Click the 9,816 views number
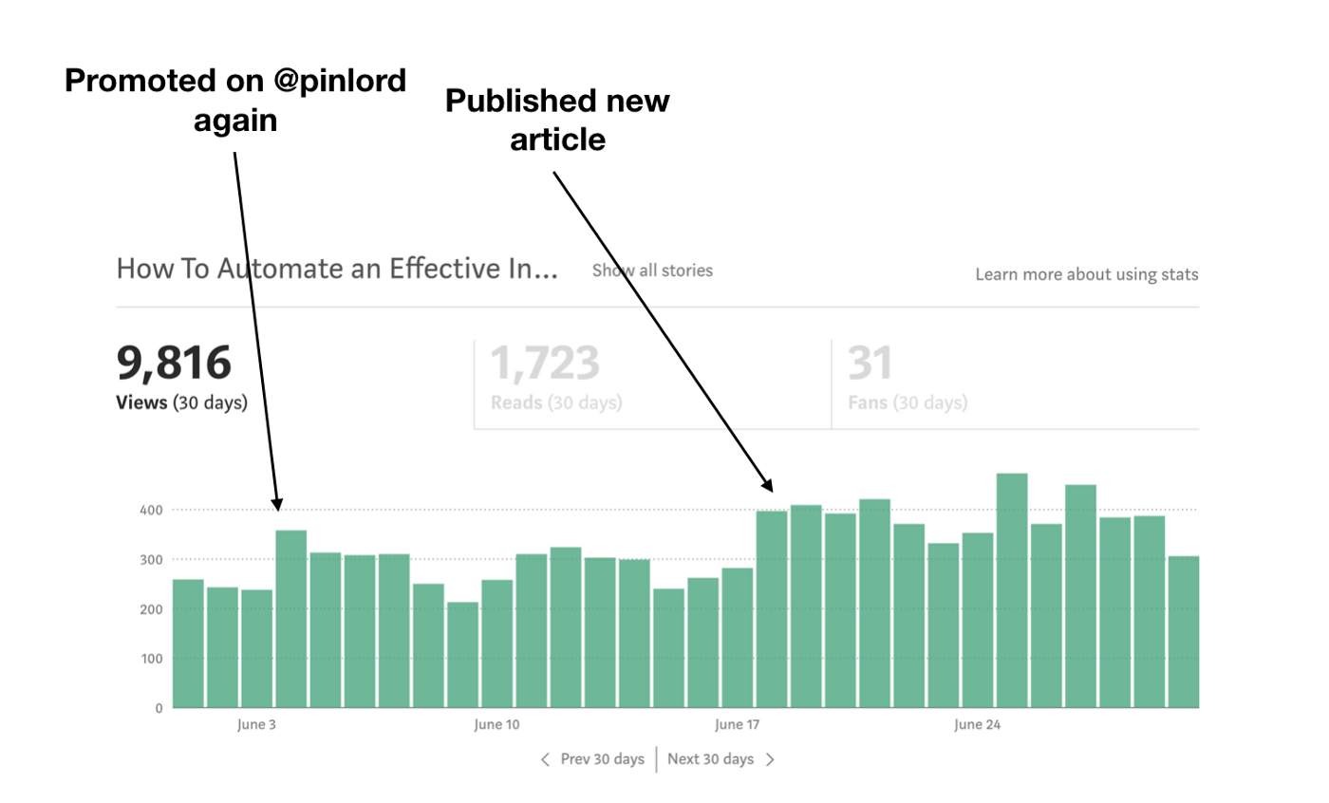point(174,363)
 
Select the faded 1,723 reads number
point(545,363)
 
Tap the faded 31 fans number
point(870,363)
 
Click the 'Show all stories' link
point(652,271)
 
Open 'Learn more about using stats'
point(1087,274)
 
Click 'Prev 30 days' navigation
point(593,759)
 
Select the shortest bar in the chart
point(462,655)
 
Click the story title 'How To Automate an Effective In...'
point(337,269)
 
